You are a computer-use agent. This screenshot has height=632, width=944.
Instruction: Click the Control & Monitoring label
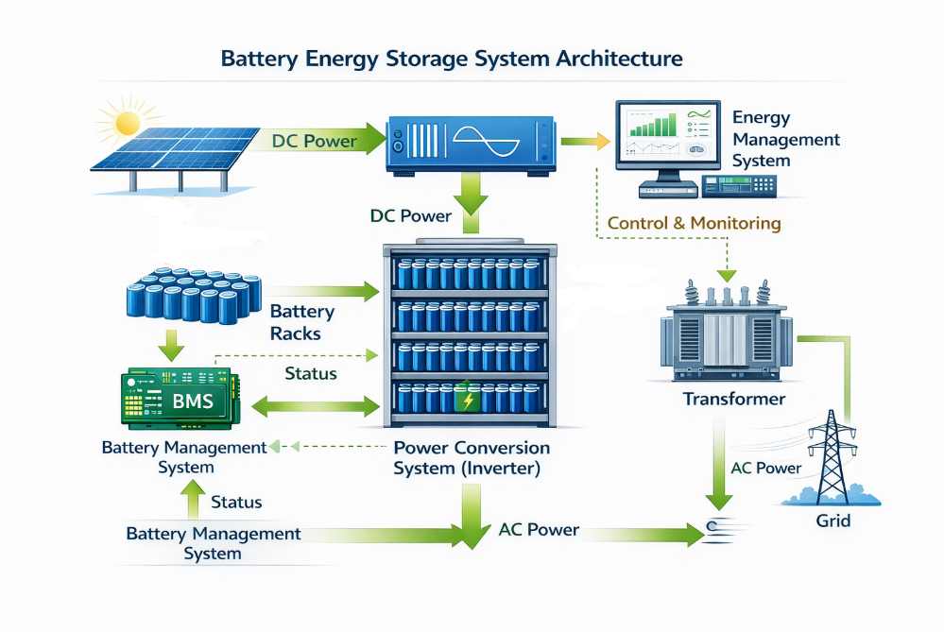tap(694, 224)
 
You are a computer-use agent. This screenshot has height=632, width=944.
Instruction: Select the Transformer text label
tap(733, 399)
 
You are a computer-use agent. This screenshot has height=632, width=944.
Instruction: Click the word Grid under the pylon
tap(832, 521)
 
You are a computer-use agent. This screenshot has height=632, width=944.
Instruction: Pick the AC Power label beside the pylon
tap(765, 468)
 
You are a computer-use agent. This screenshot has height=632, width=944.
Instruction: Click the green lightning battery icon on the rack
tap(466, 400)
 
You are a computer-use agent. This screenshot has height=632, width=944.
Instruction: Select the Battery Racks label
tap(301, 322)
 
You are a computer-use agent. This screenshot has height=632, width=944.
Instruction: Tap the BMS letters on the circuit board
tap(193, 401)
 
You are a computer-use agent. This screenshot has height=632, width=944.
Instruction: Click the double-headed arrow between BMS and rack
tap(313, 408)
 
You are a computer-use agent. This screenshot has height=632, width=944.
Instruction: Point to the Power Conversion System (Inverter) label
tap(471, 457)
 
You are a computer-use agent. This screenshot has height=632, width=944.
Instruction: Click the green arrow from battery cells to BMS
tap(171, 347)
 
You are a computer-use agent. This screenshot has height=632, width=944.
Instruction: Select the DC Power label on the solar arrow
tap(314, 142)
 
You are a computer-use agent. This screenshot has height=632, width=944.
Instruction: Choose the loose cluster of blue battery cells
tap(193, 293)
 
